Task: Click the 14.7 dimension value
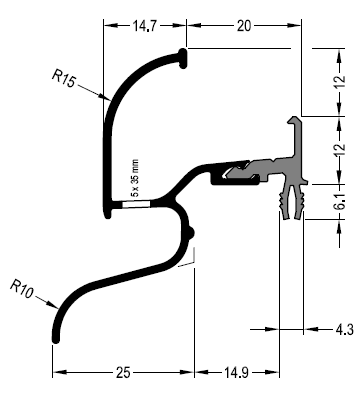(145, 26)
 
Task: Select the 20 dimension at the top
(244, 26)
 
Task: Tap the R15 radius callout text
(64, 78)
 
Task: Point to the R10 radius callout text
(22, 289)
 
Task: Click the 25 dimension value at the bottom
(123, 372)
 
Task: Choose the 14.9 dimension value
(236, 372)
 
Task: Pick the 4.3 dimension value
(344, 329)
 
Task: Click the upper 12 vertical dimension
(340, 82)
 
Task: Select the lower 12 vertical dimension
(340, 150)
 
